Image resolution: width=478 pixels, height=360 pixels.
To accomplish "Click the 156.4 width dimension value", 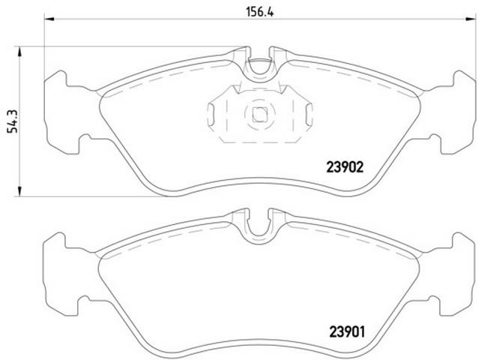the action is (x=260, y=12).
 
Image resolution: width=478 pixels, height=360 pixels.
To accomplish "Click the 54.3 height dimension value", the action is (x=13, y=121).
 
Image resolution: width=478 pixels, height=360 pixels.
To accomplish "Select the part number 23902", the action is (x=345, y=167).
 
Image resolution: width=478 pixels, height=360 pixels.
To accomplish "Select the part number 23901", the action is (x=347, y=332).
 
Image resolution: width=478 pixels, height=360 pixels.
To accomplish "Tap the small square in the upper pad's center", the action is (x=259, y=115).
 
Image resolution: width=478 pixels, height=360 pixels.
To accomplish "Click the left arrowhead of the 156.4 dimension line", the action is (x=49, y=19).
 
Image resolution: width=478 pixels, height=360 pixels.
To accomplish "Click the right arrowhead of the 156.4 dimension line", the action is (x=471, y=19).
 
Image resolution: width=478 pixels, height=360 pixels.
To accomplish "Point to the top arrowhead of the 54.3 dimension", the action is (x=19, y=52).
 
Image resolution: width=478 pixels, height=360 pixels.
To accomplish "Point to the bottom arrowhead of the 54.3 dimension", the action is (x=19, y=191).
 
